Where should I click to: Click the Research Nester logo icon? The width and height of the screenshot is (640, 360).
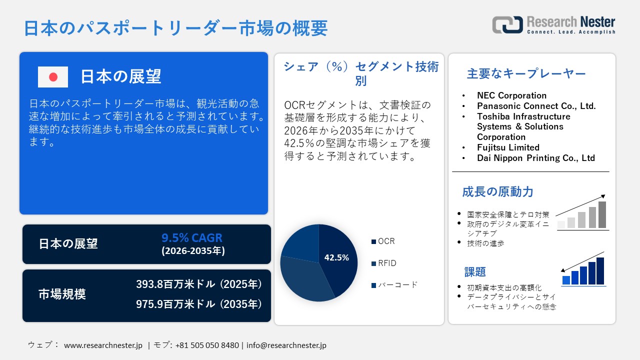click(x=507, y=24)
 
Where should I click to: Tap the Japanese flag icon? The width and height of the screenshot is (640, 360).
click(x=53, y=77)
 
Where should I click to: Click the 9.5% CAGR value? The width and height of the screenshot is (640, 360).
click(x=192, y=237)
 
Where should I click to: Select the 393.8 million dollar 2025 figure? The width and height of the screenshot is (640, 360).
click(x=199, y=284)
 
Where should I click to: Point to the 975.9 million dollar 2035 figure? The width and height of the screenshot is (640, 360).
click(x=199, y=304)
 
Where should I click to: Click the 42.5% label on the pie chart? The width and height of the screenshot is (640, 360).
click(x=336, y=258)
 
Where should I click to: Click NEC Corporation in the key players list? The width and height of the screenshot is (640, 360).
click(x=511, y=95)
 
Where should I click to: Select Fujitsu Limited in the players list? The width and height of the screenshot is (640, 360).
click(x=508, y=147)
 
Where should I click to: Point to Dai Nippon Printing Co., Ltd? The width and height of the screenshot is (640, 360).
click(x=535, y=158)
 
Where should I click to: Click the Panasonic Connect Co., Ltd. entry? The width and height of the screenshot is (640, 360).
click(x=536, y=106)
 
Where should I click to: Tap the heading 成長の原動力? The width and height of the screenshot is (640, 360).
click(x=497, y=191)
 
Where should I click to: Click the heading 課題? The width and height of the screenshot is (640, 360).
click(x=475, y=272)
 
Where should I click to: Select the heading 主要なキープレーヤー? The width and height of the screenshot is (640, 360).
click(x=526, y=74)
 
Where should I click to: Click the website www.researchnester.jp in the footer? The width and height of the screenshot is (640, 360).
click(x=103, y=345)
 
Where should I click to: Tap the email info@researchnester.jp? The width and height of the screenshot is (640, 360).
click(x=286, y=345)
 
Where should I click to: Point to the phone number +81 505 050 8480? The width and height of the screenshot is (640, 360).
click(x=207, y=345)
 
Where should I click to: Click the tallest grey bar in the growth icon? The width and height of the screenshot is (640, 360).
click(x=602, y=215)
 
